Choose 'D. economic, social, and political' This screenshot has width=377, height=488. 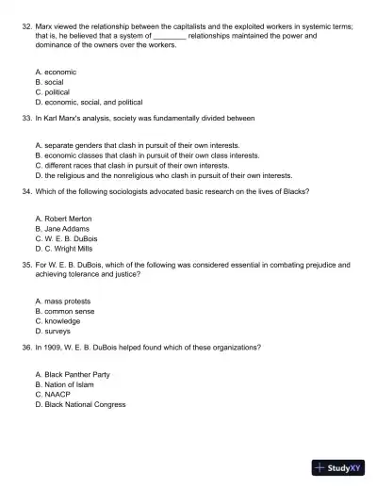point(88,103)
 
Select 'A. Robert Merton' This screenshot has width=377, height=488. point(62,218)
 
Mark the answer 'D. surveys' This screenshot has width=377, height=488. point(52,332)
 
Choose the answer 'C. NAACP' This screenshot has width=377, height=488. point(53,395)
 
